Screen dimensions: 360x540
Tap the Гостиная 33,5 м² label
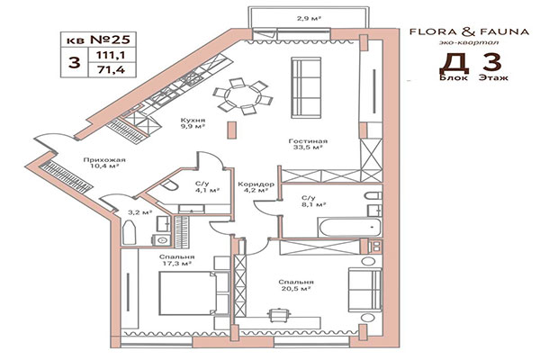[308, 146]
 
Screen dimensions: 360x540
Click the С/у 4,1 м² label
[203, 187]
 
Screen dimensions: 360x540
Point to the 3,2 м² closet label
[139, 212]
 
